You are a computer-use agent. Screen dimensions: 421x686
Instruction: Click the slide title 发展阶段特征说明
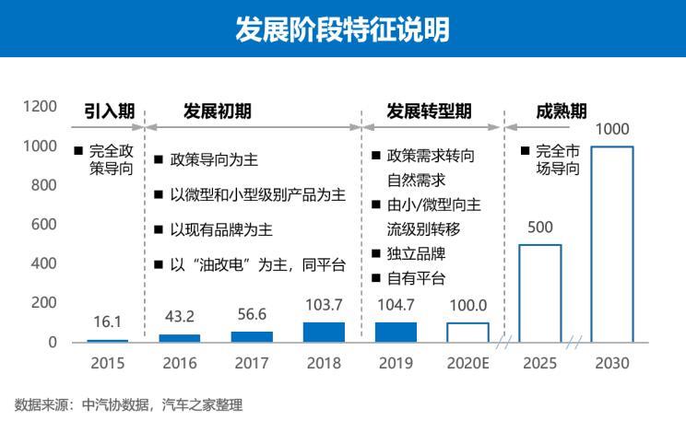point(342,29)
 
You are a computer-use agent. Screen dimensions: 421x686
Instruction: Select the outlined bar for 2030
point(611,244)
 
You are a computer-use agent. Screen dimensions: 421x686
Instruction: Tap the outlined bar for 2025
point(539,293)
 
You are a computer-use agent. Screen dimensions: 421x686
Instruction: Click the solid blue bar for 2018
point(324,332)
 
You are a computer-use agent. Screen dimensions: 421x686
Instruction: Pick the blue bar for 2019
point(396,332)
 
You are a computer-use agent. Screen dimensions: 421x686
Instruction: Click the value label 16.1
point(108,322)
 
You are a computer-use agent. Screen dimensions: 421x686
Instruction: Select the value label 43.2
point(180,316)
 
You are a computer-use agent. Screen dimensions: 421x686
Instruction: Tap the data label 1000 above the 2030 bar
point(611,129)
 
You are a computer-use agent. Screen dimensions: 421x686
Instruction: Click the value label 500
point(539,227)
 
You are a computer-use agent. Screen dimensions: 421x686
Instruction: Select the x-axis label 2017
point(252,363)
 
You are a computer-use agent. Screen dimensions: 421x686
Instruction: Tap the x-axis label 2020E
point(467,363)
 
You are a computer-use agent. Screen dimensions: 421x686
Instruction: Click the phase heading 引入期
point(110,111)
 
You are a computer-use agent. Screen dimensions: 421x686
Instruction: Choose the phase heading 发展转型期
point(430,111)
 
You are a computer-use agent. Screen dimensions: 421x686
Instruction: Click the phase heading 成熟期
point(561,111)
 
